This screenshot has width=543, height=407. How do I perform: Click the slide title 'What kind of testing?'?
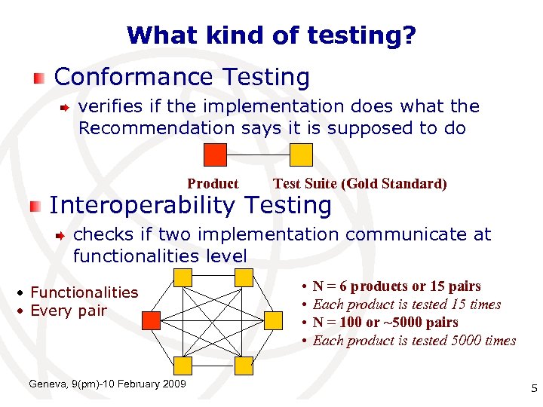click(271, 35)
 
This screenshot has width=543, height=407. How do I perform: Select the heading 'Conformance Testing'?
click(182, 77)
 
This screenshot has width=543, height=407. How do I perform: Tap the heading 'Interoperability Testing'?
click(190, 205)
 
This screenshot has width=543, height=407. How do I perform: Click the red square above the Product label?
click(216, 155)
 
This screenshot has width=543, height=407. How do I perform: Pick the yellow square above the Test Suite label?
click(302, 155)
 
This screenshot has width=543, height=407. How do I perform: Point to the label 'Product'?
click(213, 184)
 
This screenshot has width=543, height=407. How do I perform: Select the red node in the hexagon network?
click(152, 321)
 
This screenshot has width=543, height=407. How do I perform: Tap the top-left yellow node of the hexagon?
click(183, 277)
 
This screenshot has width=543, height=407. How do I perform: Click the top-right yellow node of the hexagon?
click(244, 277)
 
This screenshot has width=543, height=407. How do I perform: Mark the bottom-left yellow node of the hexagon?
click(183, 366)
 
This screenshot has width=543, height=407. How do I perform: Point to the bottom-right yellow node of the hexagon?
click(244, 366)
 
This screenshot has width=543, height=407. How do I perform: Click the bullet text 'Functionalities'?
click(84, 292)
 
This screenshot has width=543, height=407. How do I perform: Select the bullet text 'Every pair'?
click(69, 311)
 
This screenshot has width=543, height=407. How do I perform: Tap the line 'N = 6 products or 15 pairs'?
click(396, 286)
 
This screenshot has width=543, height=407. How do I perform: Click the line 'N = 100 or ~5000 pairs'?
click(385, 323)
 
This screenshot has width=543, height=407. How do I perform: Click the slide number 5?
click(533, 389)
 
